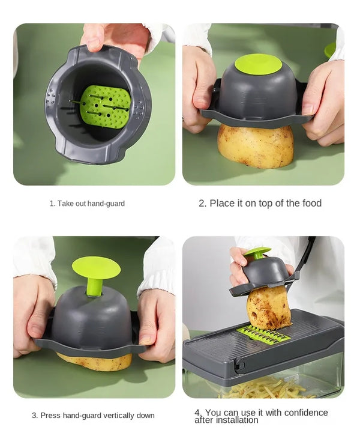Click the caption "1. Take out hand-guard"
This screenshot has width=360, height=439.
click(x=87, y=204)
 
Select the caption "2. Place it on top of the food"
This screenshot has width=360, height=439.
click(x=260, y=203)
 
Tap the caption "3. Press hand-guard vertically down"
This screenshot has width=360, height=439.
click(x=93, y=416)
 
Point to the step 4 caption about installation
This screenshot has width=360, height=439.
click(x=261, y=416)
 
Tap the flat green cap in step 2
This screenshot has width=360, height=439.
click(x=257, y=64)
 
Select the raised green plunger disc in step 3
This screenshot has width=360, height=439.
click(x=96, y=267)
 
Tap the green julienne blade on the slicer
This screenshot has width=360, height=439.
click(x=263, y=335)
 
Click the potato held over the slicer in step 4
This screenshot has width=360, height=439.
click(x=268, y=307)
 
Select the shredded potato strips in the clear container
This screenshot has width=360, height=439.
click(x=264, y=389)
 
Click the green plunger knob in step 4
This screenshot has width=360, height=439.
click(x=257, y=252)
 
